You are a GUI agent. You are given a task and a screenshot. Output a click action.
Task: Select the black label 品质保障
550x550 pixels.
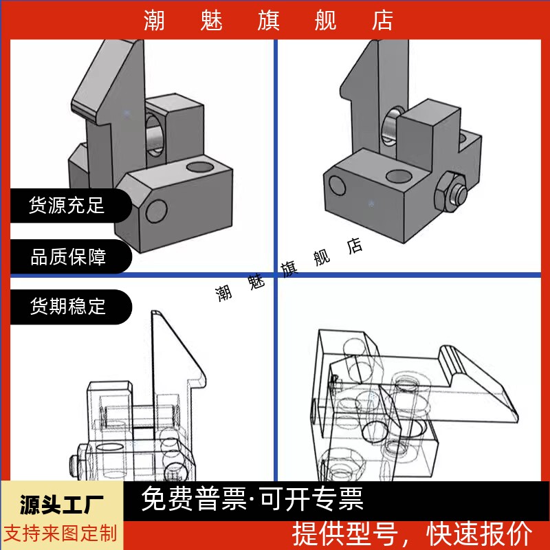(68, 258)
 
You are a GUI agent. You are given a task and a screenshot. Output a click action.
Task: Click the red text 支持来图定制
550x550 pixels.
(62, 533)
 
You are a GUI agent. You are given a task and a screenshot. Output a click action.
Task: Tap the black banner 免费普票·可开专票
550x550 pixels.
(252, 499)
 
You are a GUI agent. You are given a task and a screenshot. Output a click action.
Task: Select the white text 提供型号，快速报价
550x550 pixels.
(412, 533)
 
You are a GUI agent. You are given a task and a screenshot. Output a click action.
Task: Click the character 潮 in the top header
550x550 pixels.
(155, 21)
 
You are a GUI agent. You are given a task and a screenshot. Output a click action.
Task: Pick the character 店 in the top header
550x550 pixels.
(382, 21)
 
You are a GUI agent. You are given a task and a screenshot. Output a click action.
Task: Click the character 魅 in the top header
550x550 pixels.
(212, 21)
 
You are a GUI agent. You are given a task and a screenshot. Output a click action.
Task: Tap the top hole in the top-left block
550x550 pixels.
(201, 166)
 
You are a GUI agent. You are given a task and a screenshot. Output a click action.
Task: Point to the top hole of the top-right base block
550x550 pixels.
(399, 177)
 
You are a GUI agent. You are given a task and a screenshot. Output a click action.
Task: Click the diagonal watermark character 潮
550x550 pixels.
(224, 294)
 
